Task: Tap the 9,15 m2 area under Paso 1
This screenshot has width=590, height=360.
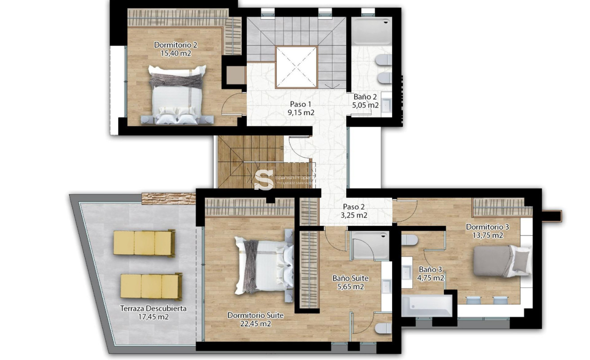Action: pyautogui.click(x=300, y=113)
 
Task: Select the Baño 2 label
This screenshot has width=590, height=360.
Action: pyautogui.click(x=365, y=97)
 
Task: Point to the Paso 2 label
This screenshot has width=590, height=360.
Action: pyautogui.click(x=354, y=207)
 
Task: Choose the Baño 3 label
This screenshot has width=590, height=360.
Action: pyautogui.click(x=430, y=269)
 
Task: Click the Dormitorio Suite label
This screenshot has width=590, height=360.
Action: pyautogui.click(x=255, y=315)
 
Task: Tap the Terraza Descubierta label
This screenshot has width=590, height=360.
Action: pyautogui.click(x=153, y=308)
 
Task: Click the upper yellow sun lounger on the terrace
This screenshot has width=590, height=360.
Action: pyautogui.click(x=144, y=243)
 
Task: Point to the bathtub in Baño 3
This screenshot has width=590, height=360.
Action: pyautogui.click(x=427, y=306)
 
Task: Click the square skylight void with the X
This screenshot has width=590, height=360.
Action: pyautogui.click(x=296, y=68)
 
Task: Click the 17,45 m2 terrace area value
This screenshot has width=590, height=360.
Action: pyautogui.click(x=153, y=317)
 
